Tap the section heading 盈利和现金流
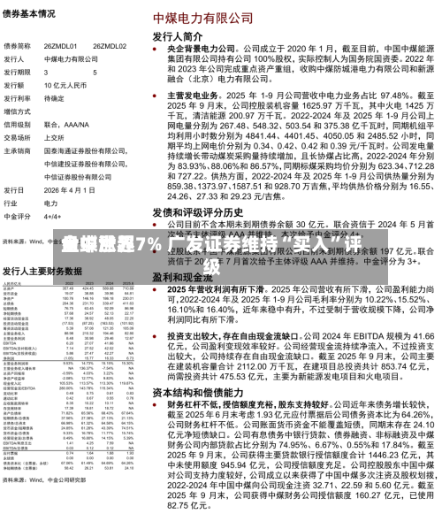181,276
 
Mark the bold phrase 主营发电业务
187,94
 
